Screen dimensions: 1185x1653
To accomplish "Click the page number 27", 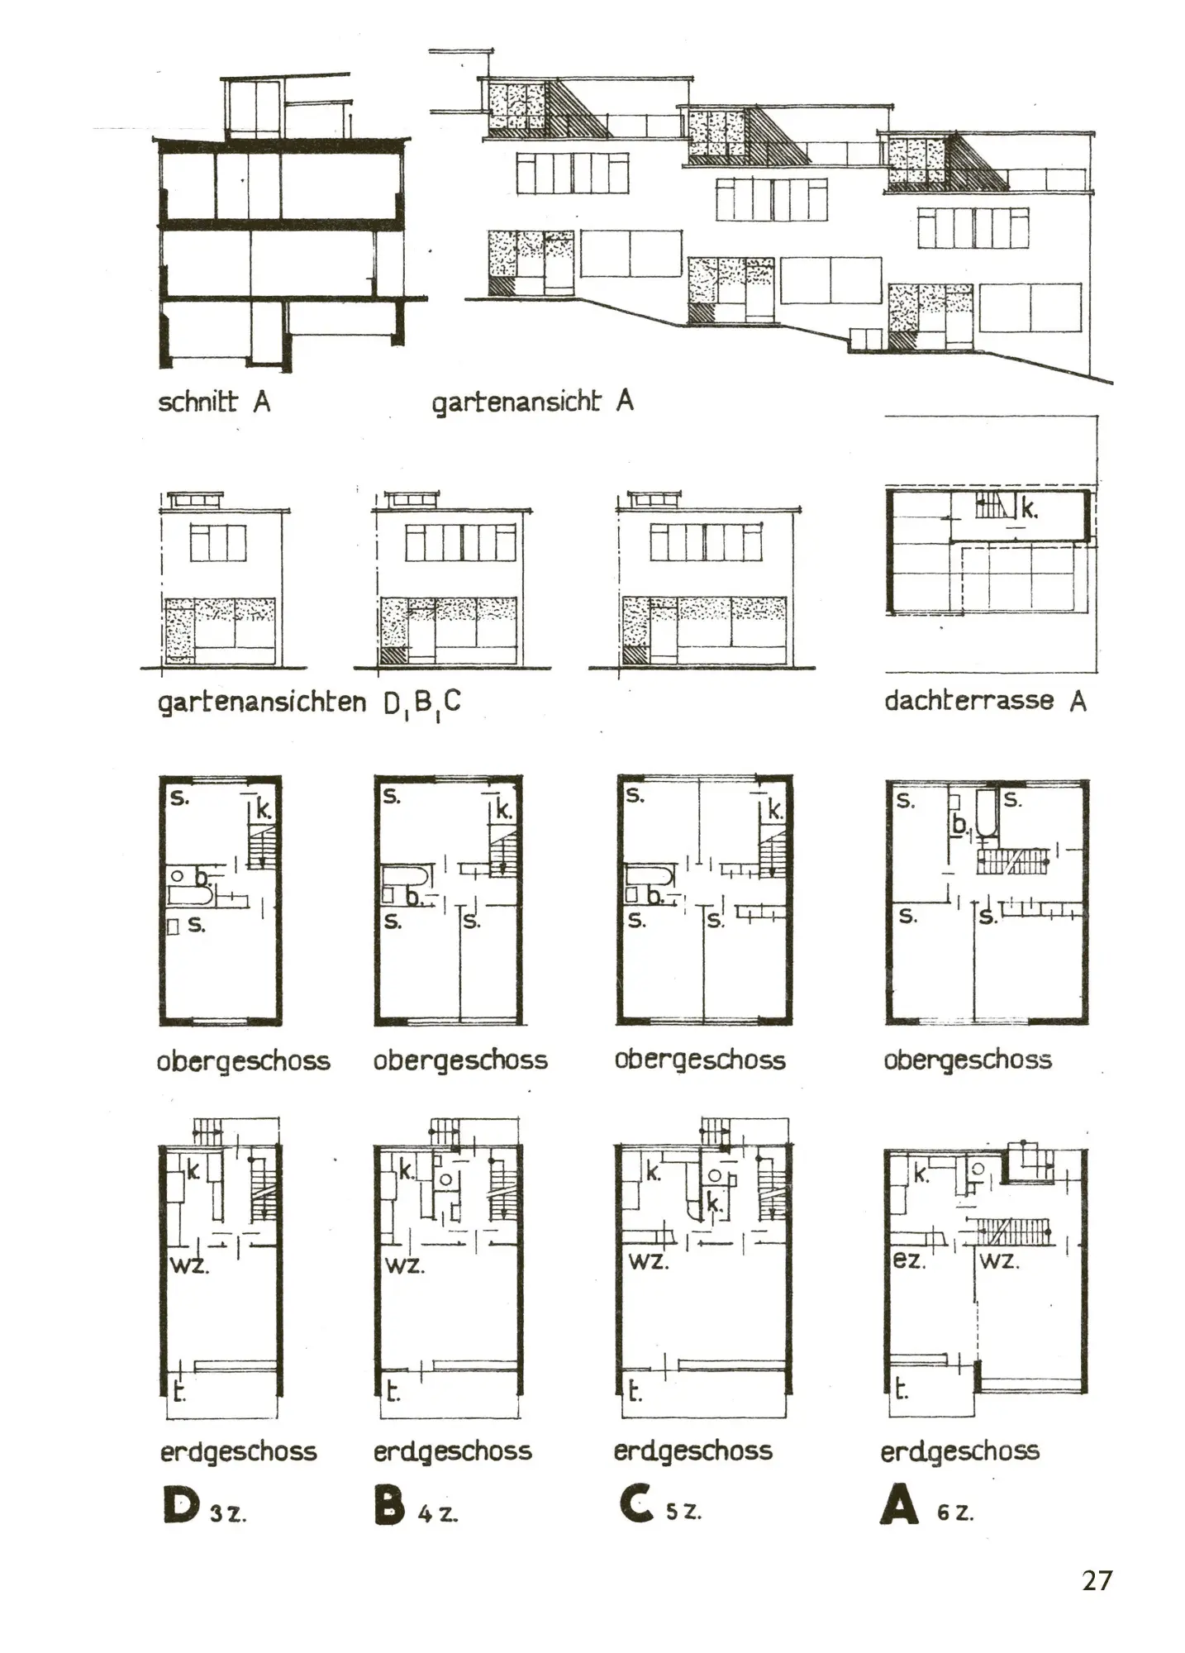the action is point(1097,1580).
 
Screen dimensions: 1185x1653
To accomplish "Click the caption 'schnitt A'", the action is point(214,402).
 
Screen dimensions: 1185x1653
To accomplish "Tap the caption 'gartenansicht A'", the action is point(532,403).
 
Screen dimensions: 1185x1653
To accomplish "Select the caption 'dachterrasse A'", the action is point(985,701).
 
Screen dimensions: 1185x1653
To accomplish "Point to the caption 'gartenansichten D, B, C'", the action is point(309,703).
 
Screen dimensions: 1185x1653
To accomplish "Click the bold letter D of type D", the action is point(181,1505).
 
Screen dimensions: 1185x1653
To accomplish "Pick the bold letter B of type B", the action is point(389,1505).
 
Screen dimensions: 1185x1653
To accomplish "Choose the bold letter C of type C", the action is point(635,1504).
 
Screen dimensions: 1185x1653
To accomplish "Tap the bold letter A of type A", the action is point(899,1506).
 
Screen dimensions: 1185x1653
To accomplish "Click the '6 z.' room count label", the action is point(955,1513).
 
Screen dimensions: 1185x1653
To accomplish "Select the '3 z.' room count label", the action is point(229,1514).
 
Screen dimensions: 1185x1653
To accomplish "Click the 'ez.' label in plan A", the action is point(909,1261).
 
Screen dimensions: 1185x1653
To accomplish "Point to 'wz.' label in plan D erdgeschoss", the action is point(189,1265).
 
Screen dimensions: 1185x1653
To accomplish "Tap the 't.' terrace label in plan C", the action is point(634,1392).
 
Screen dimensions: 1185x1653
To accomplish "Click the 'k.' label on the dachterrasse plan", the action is point(1028,508).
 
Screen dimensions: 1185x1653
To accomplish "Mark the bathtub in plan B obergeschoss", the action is point(405,876).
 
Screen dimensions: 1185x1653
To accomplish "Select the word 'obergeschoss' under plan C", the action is point(700,1060).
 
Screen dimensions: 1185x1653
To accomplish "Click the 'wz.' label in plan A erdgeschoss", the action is point(1000,1261).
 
